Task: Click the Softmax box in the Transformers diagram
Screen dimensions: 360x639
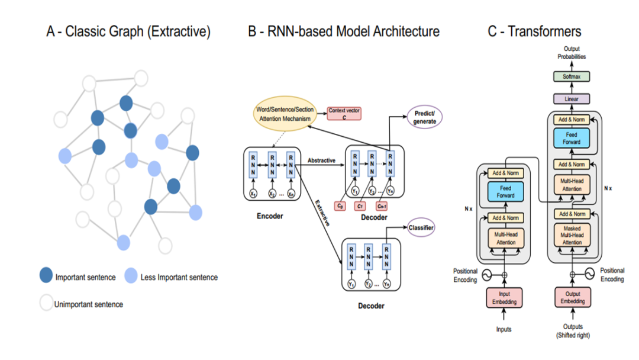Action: [572, 77]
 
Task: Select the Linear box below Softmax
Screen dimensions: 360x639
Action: [572, 99]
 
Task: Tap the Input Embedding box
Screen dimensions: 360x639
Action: [504, 298]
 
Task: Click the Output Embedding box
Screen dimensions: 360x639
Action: [572, 298]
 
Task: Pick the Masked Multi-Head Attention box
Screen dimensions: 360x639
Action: [572, 234]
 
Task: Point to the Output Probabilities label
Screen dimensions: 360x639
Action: [572, 53]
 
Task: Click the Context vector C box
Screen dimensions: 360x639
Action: [344, 113]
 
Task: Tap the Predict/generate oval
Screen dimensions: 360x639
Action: [424, 117]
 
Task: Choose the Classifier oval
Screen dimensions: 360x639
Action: [421, 227]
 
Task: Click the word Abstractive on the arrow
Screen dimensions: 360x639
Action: [321, 160]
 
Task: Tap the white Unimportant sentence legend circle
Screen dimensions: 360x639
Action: [46, 304]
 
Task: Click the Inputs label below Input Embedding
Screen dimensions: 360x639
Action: [504, 329]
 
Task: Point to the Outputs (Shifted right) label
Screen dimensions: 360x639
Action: [572, 331]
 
